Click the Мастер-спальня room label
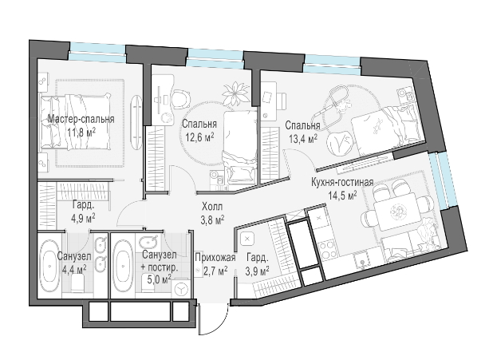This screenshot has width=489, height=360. tap(81, 119)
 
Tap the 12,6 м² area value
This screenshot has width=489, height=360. tap(199, 136)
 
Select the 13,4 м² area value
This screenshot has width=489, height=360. tap(303, 138)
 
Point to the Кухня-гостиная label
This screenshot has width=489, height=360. tap(342, 182)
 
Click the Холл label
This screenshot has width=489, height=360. tap(212, 207)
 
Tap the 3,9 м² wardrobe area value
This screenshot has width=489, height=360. tap(258, 271)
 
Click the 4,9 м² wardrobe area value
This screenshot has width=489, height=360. tap(83, 217)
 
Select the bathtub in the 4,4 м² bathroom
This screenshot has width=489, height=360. tap(50, 265)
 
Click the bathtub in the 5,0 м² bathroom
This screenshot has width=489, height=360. tap(123, 266)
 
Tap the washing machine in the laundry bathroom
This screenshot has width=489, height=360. tap(180, 290)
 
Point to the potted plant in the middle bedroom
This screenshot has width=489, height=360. tap(236, 93)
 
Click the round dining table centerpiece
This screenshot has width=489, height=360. tap(397, 212)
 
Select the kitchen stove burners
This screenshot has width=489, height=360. tap(327, 248)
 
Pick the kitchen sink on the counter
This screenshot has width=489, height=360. tap(362, 261)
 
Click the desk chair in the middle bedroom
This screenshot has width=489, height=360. tap(180, 99)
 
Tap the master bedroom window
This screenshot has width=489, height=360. tap(97, 52)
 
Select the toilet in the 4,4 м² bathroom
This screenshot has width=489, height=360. tap(77, 283)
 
